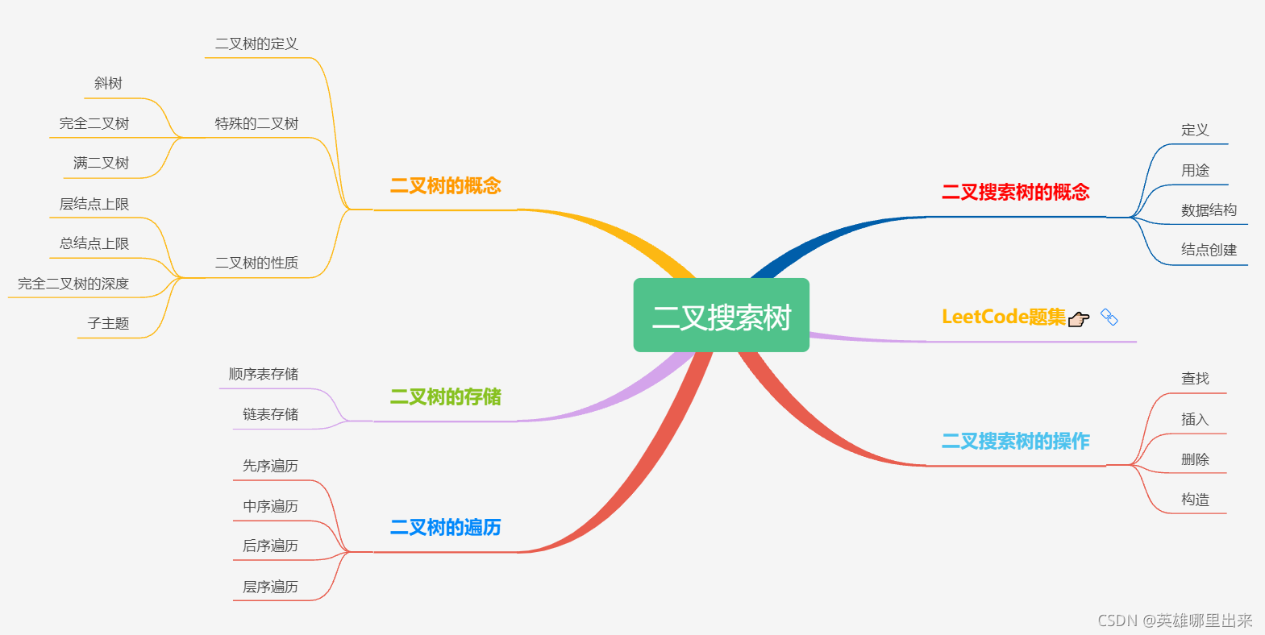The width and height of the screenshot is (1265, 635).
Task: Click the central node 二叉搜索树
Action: point(721,316)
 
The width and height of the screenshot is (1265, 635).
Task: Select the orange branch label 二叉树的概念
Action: point(445,186)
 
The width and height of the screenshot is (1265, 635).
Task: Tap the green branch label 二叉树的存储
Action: point(445,396)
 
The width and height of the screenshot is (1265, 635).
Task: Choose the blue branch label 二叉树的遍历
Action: point(445,528)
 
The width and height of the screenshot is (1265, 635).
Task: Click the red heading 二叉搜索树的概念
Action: point(1015,193)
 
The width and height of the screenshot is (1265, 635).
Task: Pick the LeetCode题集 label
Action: point(1003,317)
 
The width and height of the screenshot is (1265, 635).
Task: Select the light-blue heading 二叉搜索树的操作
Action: point(1015,442)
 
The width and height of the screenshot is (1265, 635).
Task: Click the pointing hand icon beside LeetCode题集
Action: point(1079,319)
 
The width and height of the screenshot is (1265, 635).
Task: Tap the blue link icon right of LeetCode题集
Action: point(1109,317)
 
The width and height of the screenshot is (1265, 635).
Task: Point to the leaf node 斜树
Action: point(108,84)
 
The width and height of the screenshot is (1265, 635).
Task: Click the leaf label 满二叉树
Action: point(101,164)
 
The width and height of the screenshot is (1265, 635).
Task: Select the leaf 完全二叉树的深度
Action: point(73,284)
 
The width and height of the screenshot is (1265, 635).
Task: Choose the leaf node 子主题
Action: point(108,323)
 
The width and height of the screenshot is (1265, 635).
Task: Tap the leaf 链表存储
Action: point(270,414)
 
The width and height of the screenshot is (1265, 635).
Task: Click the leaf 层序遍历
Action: point(270,587)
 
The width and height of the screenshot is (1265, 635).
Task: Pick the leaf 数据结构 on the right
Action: point(1209,210)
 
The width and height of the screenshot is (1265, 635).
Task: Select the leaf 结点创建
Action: point(1209,250)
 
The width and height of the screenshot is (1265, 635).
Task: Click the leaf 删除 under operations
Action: point(1195,459)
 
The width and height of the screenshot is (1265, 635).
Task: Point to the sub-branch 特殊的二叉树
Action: point(256,123)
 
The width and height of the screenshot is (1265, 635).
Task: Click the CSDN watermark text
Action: point(1175,620)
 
